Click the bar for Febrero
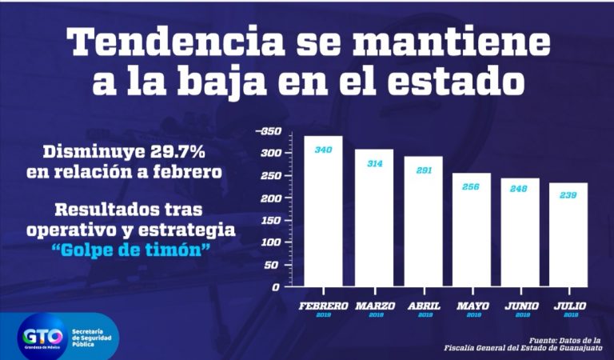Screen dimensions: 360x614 tap(323, 212)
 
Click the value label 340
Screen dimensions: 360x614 tap(323, 150)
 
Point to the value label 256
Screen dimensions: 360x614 tap(472, 186)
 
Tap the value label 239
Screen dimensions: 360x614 tap(568, 195)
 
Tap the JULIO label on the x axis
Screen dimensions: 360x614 tap(569, 306)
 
